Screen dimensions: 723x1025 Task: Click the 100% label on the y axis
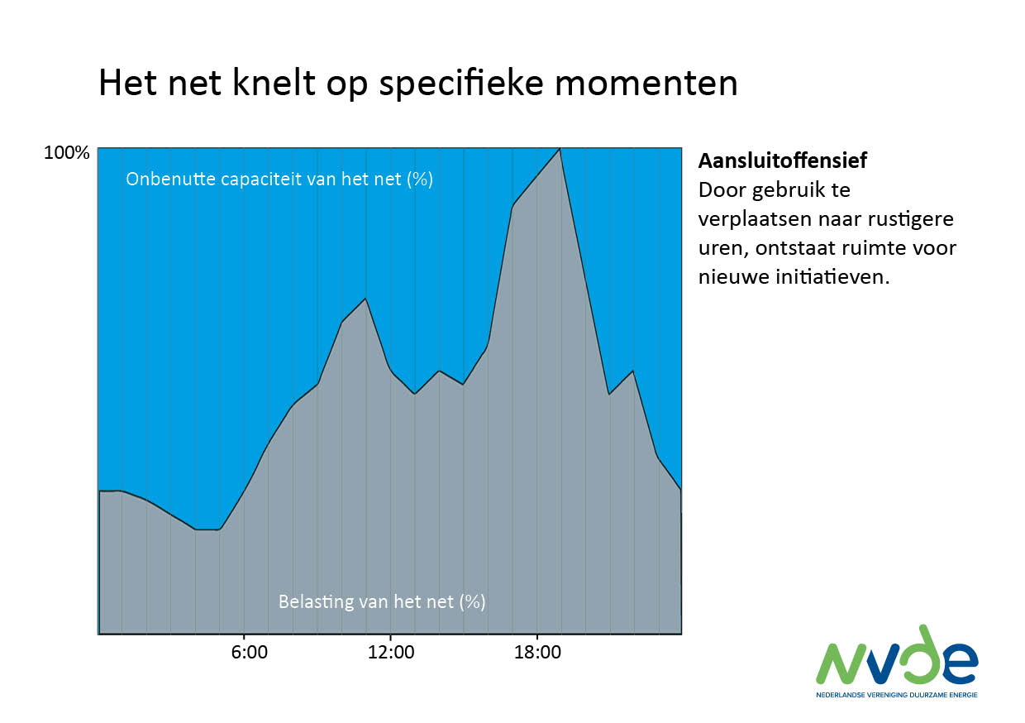click(66, 154)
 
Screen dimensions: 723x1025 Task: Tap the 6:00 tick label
click(249, 653)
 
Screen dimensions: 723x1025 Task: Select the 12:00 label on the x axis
click(391, 653)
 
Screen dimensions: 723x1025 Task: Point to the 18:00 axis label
click(537, 653)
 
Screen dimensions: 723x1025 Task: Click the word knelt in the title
click(253, 84)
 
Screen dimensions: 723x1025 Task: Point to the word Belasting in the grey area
click(311, 601)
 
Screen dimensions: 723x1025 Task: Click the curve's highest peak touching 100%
click(560, 149)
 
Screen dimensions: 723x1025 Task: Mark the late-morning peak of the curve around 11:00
click(365, 299)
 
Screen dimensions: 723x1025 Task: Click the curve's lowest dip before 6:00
click(207, 529)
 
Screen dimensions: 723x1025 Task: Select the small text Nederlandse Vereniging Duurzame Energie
click(896, 695)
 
